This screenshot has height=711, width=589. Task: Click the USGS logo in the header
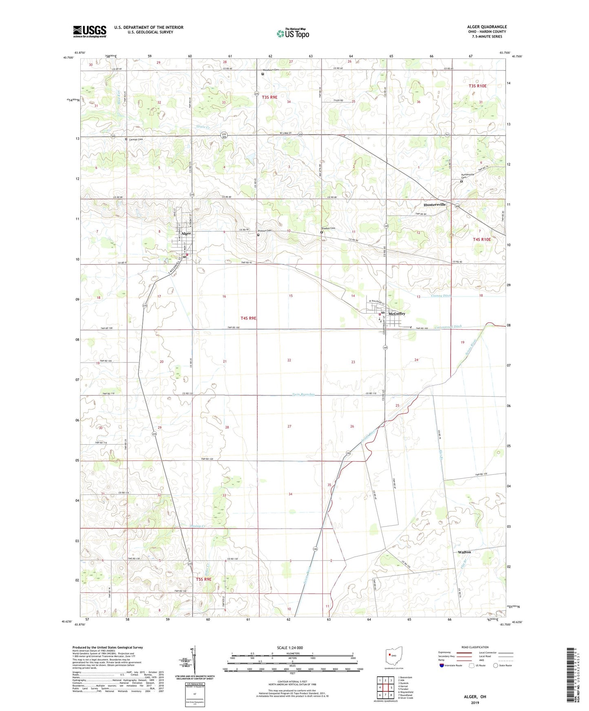(89, 31)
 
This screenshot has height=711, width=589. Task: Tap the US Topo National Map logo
(293, 33)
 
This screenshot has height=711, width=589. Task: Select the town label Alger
(186, 233)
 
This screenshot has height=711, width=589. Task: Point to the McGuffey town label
(397, 314)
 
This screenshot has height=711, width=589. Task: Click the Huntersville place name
(435, 204)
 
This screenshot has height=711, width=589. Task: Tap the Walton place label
(464, 552)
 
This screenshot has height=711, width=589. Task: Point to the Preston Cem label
(265, 231)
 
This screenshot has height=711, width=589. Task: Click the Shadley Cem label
(328, 228)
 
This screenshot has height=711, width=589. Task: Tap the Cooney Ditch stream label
(441, 296)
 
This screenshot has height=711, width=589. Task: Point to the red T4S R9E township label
(248, 318)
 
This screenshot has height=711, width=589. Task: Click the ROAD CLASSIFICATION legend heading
(475, 647)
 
